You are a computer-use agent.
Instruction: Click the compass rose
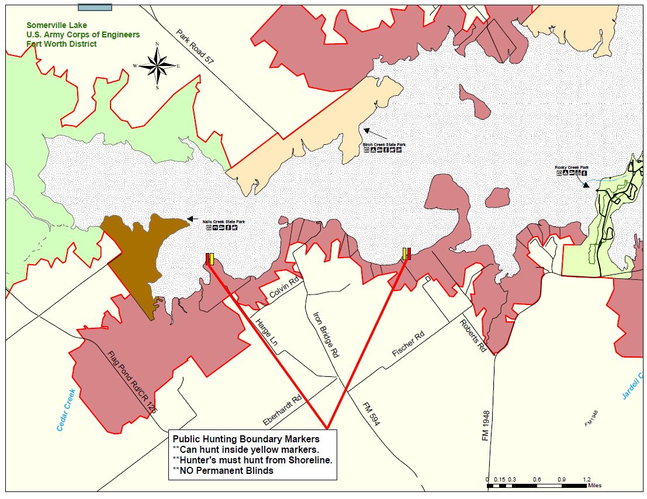pos(157,65)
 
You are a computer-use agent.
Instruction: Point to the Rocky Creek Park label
pos(571,167)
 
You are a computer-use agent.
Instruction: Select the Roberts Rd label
pos(473,335)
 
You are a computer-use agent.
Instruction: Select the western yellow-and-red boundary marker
pos(210,259)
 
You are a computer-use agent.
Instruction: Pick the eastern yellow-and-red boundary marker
pos(406,254)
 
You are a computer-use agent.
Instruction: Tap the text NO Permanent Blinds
pos(223,470)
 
